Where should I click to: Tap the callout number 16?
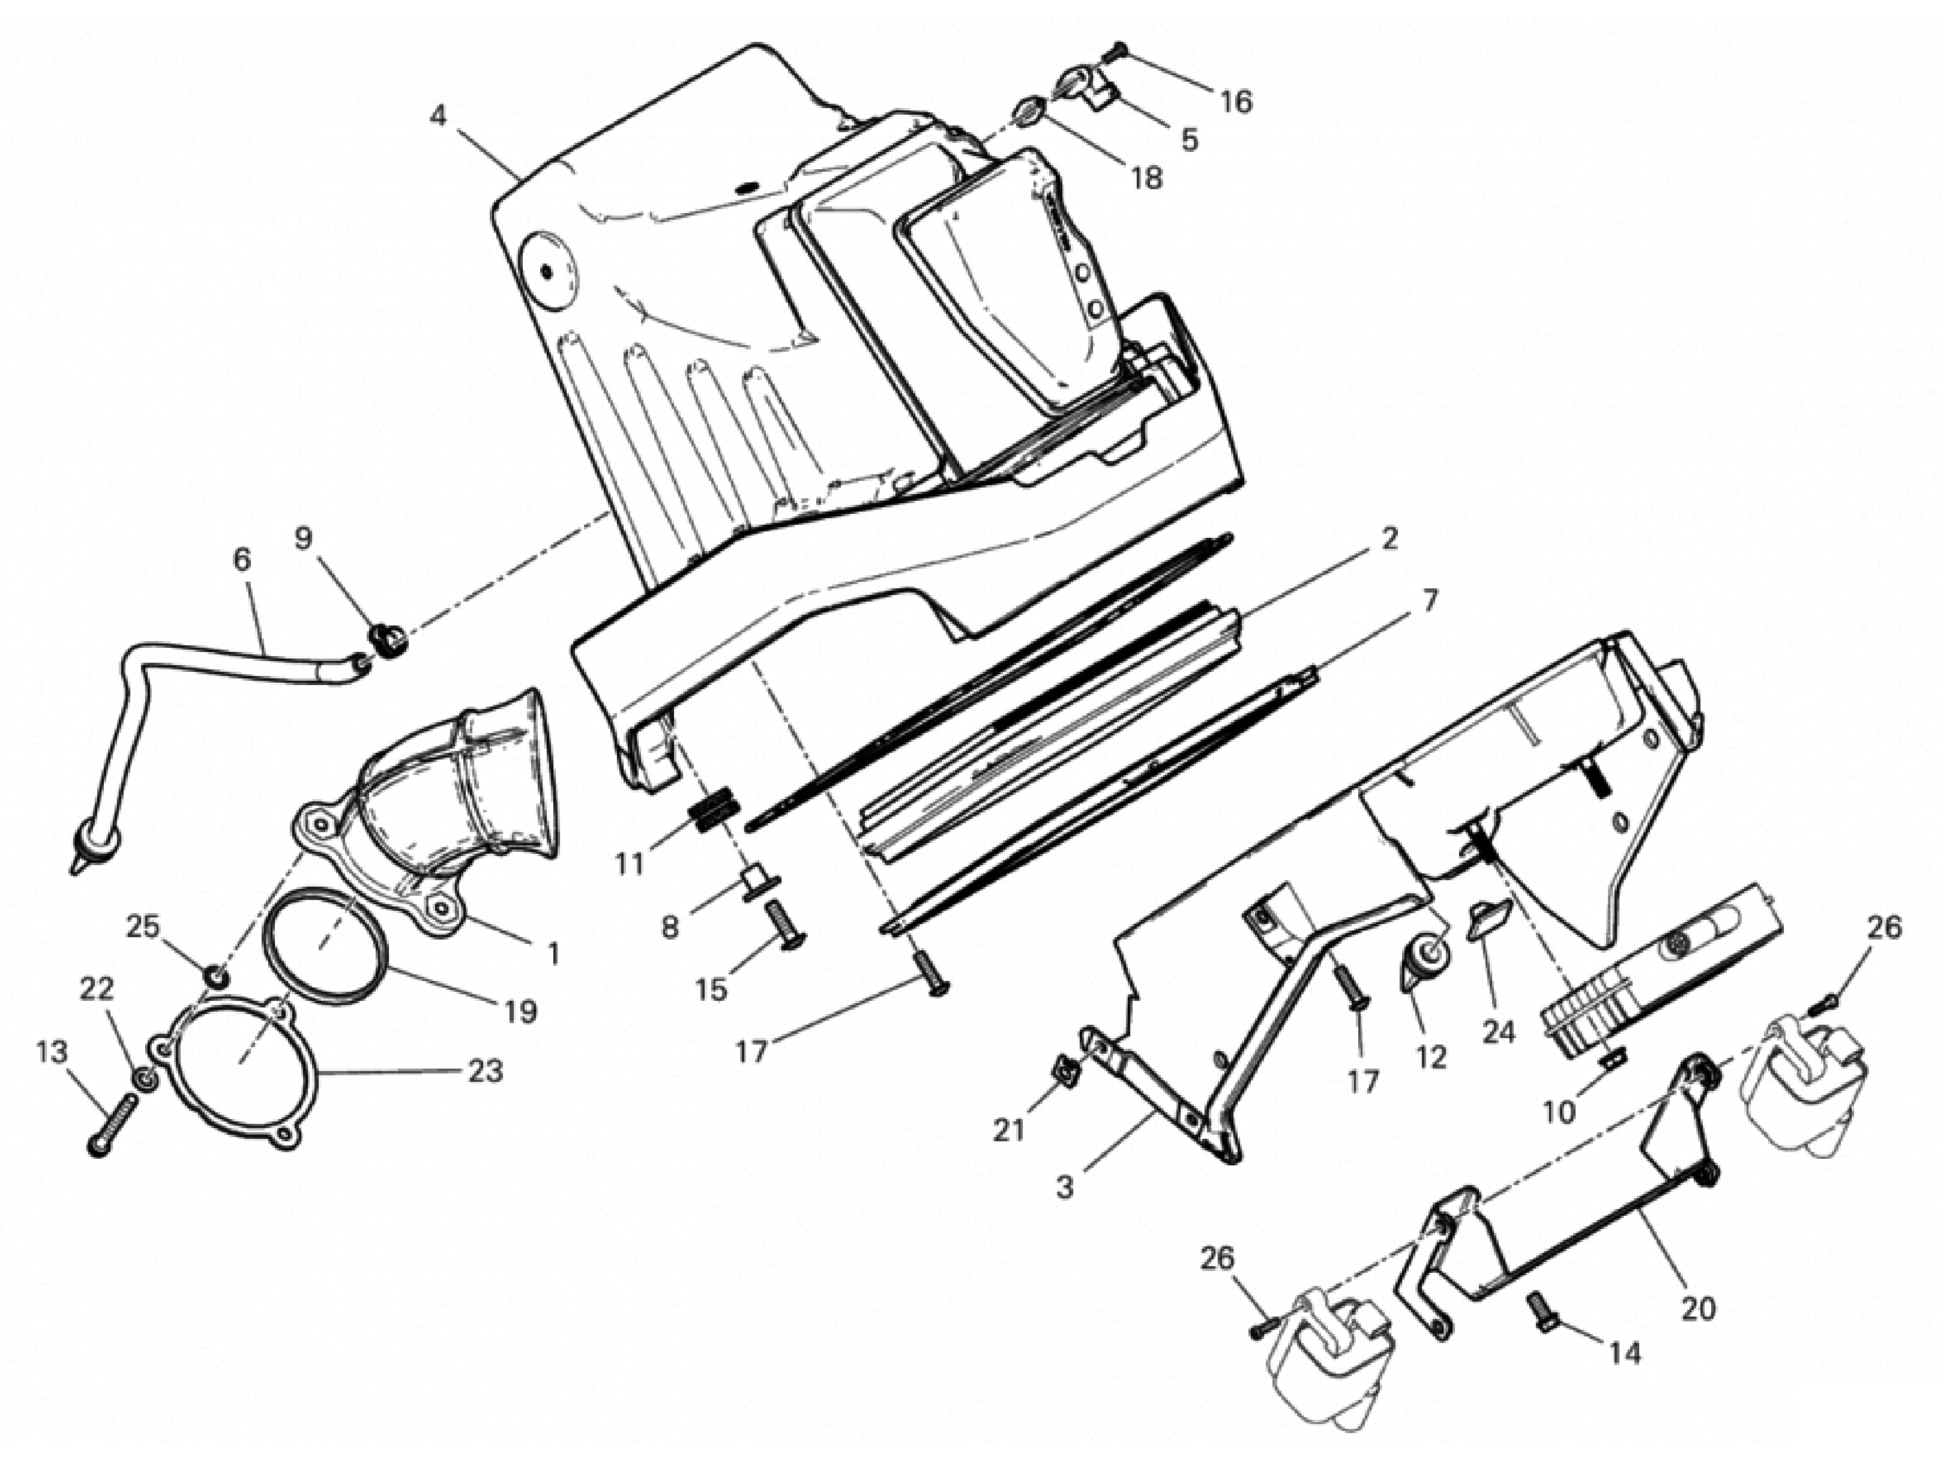[1236, 102]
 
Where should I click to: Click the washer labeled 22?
[146, 1078]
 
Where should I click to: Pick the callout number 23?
[484, 1071]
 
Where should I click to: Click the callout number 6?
[242, 559]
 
